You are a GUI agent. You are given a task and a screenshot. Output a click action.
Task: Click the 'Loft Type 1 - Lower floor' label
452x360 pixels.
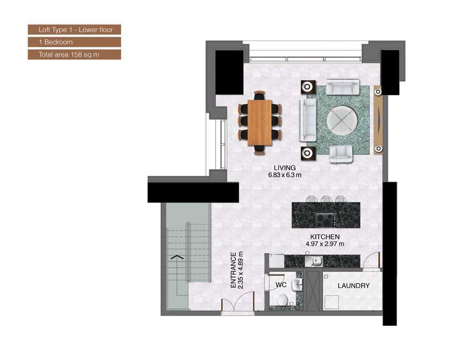(74, 29)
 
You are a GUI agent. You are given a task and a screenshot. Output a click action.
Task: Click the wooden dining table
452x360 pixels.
(260, 123)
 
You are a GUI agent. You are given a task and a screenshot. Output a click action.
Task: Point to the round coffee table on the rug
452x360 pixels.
(340, 121)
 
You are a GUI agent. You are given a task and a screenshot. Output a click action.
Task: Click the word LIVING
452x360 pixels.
(285, 168)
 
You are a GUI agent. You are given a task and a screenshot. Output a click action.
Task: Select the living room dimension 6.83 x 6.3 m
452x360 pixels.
(285, 175)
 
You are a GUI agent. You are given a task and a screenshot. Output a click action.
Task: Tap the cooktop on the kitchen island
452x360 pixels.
(325, 219)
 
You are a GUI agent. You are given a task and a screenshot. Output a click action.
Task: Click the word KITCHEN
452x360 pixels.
(324, 237)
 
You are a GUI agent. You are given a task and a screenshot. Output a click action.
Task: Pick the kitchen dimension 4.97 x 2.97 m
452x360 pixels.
(324, 244)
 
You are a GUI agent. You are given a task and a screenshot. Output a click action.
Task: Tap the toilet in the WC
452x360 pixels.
(282, 300)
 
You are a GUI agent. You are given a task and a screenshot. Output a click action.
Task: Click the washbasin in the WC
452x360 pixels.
(297, 285)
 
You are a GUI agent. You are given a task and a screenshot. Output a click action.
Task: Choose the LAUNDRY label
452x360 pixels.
(353, 286)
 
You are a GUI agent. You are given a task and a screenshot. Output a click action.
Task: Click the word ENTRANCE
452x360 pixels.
(233, 270)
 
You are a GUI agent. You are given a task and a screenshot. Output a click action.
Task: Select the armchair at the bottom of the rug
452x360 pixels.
(341, 154)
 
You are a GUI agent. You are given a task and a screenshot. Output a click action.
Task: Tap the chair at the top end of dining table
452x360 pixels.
(260, 95)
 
